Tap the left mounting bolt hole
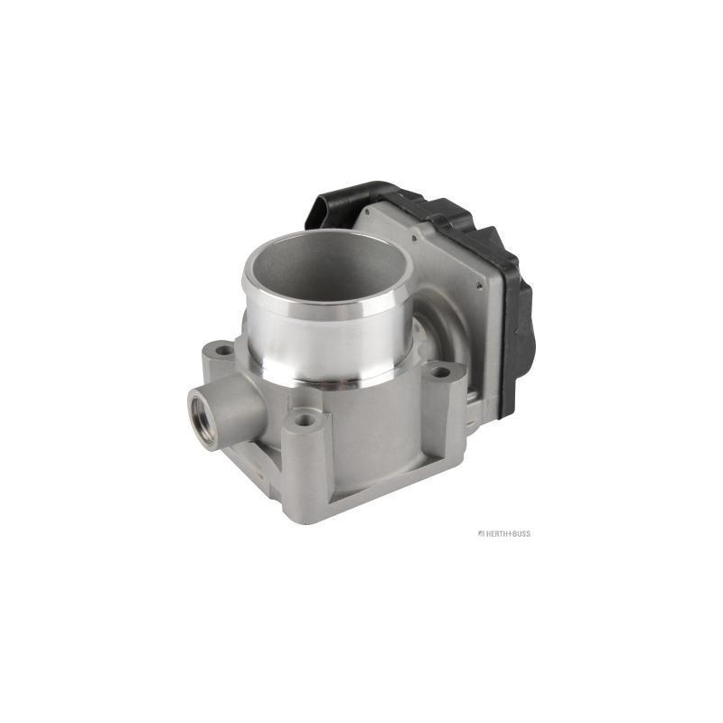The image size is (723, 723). click(225, 351)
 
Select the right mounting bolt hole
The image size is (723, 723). click(441, 371)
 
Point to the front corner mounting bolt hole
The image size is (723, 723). click(305, 420)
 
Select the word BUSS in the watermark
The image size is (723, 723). click(521, 533)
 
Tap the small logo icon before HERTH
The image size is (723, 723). click(480, 533)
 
